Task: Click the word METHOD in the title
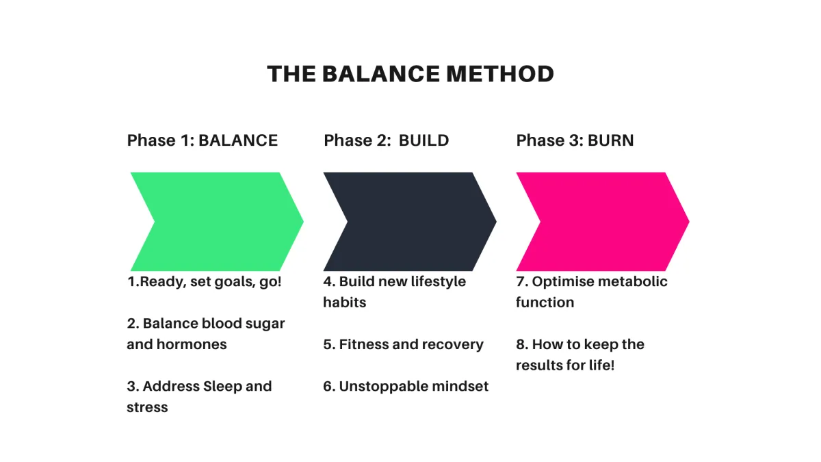click(500, 74)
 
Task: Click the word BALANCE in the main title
click(381, 74)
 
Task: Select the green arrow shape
click(217, 222)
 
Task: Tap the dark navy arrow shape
click(410, 222)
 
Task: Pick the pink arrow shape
click(603, 222)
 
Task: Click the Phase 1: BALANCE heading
click(203, 140)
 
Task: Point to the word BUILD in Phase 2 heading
click(423, 140)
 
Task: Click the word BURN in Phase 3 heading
click(610, 140)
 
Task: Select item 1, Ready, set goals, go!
click(205, 282)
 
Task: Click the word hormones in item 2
click(192, 344)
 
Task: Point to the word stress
click(147, 407)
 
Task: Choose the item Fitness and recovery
click(403, 345)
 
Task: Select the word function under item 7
click(545, 303)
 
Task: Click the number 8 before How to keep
click(520, 345)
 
